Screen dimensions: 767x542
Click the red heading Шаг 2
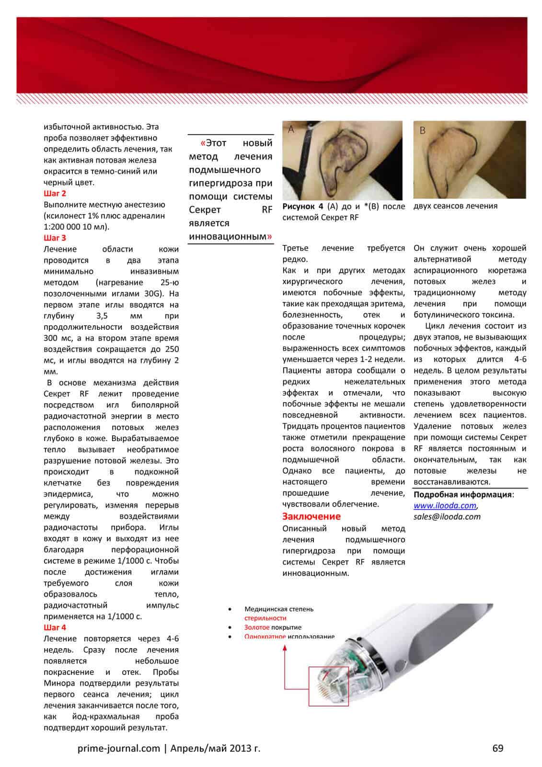pos(55,193)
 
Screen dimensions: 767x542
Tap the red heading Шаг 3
pos(55,238)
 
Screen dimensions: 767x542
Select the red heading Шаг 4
pos(55,627)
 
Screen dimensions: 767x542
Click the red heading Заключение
pos(311,516)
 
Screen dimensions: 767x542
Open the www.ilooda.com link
pos(445,506)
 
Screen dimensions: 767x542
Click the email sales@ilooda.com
pos(447,517)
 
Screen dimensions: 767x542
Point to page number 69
pos(498,748)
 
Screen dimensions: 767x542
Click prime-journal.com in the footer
pos(118,748)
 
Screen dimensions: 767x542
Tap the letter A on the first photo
pos(291,129)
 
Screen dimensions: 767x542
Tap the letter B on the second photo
pos(422,130)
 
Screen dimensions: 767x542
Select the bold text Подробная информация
pos(462,495)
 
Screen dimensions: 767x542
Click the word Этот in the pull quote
pos(216,143)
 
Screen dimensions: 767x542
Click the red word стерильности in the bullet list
pos(265,618)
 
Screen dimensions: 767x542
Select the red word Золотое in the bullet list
pos(256,628)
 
